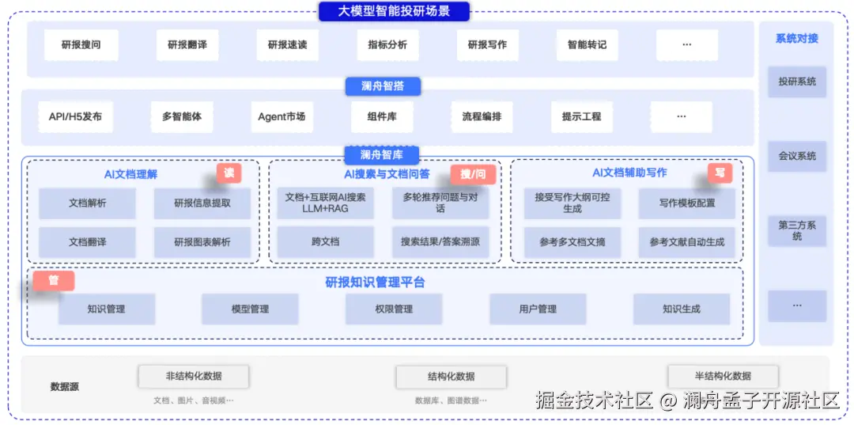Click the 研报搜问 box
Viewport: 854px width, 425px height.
coord(81,45)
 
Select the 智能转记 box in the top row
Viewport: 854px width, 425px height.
coord(587,45)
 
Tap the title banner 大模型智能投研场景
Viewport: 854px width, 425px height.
coord(394,11)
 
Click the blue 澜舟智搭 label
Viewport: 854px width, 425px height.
coord(383,86)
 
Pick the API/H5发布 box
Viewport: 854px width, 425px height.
coord(75,116)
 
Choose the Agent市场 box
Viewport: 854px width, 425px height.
coord(282,116)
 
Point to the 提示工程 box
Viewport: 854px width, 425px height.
coord(581,116)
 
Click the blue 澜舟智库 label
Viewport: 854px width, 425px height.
coord(383,155)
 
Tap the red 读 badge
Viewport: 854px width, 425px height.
coord(229,173)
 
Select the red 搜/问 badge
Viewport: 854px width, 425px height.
coord(473,173)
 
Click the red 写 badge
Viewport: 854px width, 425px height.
coord(720,173)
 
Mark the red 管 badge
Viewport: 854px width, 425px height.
coord(54,280)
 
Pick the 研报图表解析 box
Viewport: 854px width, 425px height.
coord(202,242)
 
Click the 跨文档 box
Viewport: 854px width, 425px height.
coord(325,242)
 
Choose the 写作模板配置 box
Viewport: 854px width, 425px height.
coord(687,203)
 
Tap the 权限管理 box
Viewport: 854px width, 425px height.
coord(394,309)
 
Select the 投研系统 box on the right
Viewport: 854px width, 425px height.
coord(797,82)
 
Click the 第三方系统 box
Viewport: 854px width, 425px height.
coord(797,230)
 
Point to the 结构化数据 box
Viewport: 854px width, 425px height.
coord(452,377)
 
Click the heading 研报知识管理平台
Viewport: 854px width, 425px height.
coord(387,283)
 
